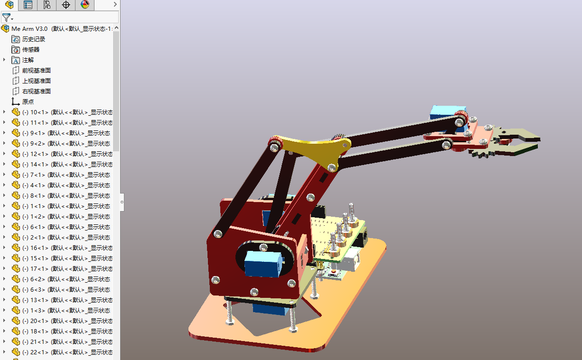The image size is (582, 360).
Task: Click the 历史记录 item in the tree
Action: click(x=33, y=39)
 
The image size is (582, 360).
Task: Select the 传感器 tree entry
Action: click(x=30, y=50)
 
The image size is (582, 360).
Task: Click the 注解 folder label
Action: click(x=28, y=60)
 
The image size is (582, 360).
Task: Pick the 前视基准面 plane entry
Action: click(x=36, y=71)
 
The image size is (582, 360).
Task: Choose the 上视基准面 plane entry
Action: click(x=36, y=81)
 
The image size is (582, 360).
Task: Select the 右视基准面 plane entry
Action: click(x=36, y=92)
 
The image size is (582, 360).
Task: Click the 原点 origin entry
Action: click(x=28, y=102)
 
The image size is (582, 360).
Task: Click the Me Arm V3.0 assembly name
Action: click(x=29, y=29)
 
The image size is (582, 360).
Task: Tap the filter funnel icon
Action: click(x=6, y=18)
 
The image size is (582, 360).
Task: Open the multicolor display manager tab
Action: click(x=85, y=5)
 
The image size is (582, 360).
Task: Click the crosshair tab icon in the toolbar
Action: click(x=66, y=5)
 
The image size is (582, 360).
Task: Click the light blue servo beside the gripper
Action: click(x=441, y=112)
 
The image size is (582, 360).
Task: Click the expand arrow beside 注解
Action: click(x=4, y=60)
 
